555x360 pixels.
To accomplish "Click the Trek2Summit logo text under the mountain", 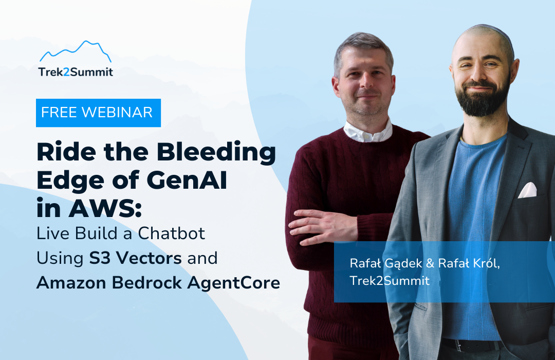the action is tap(76, 72).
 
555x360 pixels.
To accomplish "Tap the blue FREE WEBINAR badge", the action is tap(98, 113).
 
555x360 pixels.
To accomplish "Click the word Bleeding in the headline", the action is tap(216, 153).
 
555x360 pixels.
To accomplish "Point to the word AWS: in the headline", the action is tap(105, 208).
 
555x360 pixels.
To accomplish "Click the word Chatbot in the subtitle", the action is tap(171, 233).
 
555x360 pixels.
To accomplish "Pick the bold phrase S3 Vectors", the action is tap(135, 258).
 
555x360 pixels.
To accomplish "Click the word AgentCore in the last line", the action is tap(234, 283).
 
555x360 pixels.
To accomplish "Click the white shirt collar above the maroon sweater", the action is tap(368, 132).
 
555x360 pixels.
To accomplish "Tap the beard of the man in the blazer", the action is tap(482, 100).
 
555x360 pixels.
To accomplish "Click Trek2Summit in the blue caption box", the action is tap(390, 281).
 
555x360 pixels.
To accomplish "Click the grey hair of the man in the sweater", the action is tap(363, 48).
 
